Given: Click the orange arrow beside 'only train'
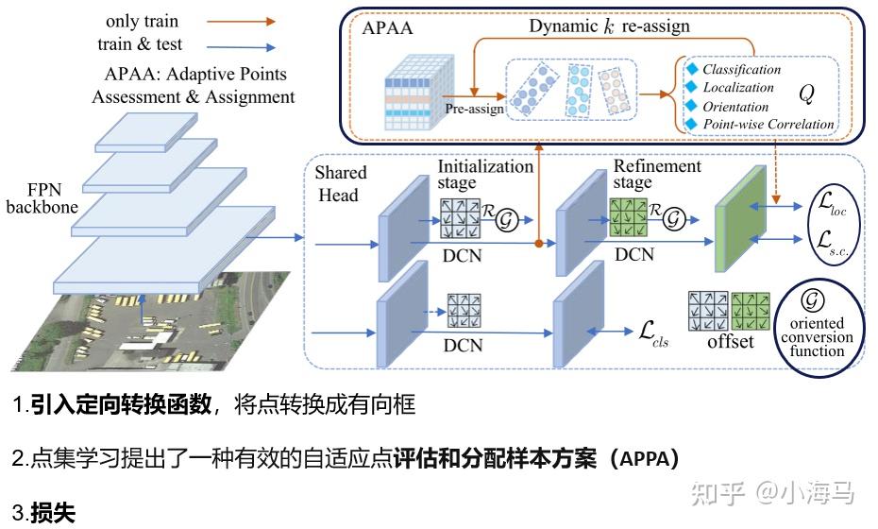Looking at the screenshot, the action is tap(242, 22).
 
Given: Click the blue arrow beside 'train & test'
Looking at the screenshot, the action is tap(242, 47).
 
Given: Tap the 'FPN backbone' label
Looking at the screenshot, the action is tap(42, 197).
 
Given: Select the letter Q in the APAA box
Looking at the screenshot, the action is tap(806, 94).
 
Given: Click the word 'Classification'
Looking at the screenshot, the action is tap(741, 70).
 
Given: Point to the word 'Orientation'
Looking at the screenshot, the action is tap(735, 107).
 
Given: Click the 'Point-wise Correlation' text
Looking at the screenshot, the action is tap(768, 124).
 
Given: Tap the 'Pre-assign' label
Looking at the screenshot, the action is tap(474, 109).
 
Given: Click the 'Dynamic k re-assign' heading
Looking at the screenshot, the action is tap(609, 26).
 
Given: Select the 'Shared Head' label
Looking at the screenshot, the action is tap(340, 183).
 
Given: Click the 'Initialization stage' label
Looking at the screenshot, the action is tap(485, 174).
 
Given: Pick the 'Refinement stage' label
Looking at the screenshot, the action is tap(657, 174).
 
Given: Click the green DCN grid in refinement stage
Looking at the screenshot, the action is tap(628, 217).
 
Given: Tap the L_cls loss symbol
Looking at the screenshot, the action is tap(653, 334).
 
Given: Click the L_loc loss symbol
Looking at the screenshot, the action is tap(832, 204).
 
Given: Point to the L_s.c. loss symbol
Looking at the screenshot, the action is tap(832, 243).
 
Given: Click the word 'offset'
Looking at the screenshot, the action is tap(730, 341).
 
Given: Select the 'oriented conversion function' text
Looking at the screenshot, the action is tap(817, 337).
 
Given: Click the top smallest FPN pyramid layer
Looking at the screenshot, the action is tap(146, 132).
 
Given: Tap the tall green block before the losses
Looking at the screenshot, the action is tap(741, 219).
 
